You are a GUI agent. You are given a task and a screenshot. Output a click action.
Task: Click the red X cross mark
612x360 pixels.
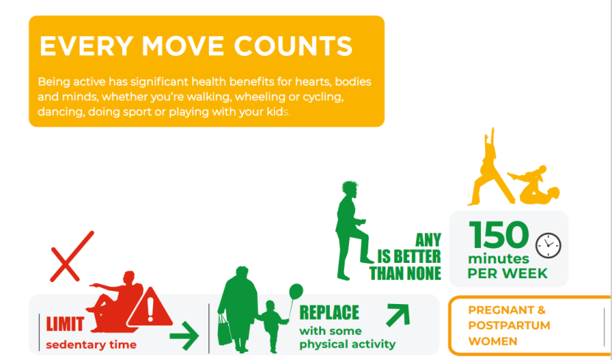(72, 256)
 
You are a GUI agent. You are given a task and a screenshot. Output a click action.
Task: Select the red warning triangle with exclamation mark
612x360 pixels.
(150, 307)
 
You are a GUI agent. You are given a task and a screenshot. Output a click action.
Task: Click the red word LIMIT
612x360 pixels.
(65, 324)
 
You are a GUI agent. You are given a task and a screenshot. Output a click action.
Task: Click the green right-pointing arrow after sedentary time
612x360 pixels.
(184, 336)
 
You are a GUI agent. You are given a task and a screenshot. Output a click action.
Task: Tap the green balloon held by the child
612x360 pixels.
(296, 292)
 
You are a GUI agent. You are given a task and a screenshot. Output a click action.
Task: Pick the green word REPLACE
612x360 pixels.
(329, 312)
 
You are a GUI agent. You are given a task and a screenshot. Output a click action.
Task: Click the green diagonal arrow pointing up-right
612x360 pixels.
(398, 315)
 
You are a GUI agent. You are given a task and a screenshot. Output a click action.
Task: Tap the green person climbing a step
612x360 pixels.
(352, 231)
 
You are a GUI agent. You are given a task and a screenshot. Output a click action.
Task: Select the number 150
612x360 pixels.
(499, 235)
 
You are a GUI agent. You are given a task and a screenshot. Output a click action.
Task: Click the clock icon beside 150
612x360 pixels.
(548, 246)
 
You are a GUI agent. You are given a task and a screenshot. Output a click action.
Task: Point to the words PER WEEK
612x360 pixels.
(507, 273)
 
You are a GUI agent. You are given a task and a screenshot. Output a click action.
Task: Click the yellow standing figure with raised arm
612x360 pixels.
(491, 167)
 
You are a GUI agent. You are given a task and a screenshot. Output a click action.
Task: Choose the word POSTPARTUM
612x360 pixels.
(509, 325)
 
